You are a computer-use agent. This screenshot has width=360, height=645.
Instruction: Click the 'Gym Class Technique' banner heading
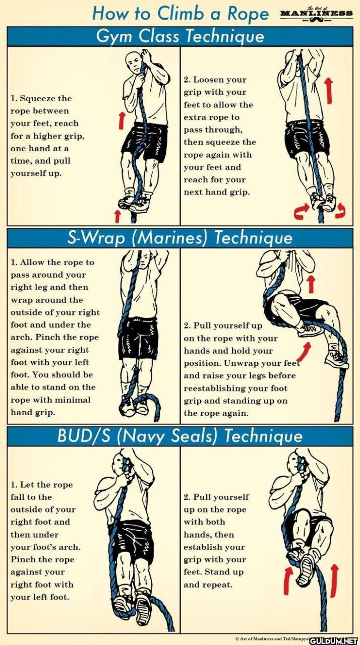tap(180, 37)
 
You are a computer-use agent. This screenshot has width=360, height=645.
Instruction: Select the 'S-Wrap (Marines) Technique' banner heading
tap(180, 238)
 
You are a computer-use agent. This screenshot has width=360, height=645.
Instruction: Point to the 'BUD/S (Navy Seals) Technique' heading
tap(180, 436)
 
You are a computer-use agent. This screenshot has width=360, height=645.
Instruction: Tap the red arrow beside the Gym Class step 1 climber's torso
tap(122, 120)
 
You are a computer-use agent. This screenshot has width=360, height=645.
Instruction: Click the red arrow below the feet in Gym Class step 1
tap(117, 216)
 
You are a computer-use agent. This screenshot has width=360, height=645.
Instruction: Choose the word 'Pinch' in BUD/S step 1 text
tap(23, 559)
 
